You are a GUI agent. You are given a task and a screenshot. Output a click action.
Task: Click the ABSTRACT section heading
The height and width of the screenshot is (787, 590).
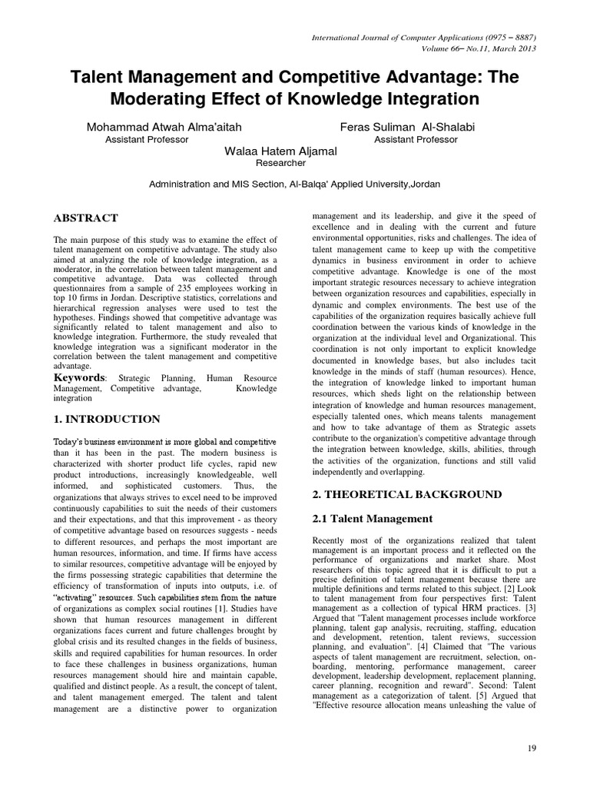click(86, 218)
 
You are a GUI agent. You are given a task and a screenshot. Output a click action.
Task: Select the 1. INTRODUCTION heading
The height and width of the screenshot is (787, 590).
click(108, 419)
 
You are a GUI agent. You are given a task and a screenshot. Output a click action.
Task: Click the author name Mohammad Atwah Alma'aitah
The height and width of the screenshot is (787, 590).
click(168, 125)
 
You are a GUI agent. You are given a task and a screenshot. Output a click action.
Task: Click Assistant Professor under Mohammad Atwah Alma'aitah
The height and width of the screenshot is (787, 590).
click(146, 139)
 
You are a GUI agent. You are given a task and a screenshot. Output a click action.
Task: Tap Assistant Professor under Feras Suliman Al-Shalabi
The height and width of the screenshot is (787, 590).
click(416, 139)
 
